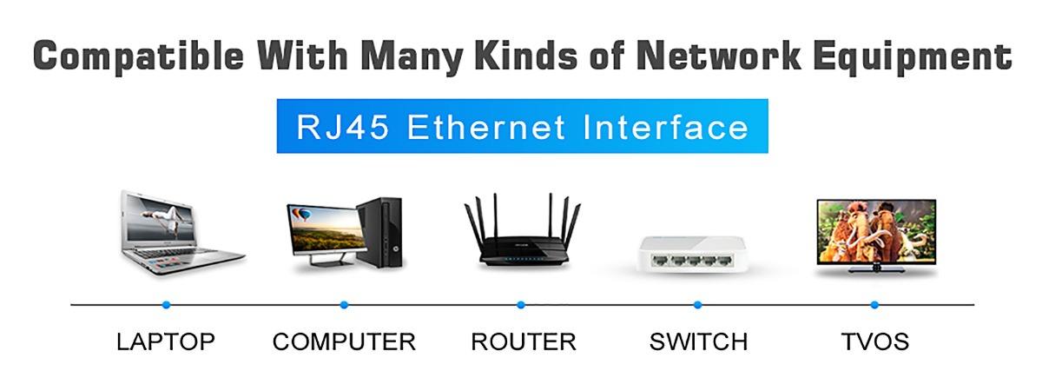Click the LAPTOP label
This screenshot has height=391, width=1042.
coord(165,341)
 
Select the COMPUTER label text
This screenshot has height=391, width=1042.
coord(344,341)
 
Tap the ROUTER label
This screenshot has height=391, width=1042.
coord(523,341)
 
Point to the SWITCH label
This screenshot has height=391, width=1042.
coord(698,341)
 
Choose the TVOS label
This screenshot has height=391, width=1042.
coord(874,341)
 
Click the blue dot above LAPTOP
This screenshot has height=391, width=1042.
coord(166,305)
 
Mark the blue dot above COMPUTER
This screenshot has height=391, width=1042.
coord(344,305)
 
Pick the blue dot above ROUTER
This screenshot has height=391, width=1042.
coord(521,305)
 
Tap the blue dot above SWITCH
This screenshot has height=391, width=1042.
coord(697,305)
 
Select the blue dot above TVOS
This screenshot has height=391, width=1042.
coord(874,305)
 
